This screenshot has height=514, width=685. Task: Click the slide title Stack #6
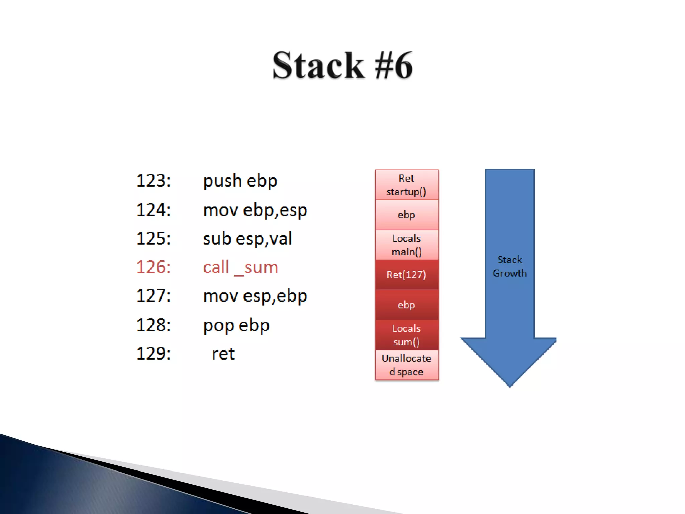[342, 65]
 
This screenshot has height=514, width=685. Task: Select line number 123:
[154, 181]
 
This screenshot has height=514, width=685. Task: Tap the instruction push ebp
[240, 181]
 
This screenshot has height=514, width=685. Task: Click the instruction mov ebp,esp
[255, 210]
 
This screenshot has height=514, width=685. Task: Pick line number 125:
[154, 239]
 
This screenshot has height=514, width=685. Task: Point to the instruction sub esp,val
[247, 239]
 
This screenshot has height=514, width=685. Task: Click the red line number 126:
[154, 267]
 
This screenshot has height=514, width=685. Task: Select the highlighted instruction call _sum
[240, 267]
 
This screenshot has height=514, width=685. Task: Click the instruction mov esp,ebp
[255, 296]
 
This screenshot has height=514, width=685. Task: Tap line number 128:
[154, 325]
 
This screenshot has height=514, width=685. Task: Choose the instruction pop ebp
[236, 325]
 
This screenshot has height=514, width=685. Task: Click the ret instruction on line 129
[223, 354]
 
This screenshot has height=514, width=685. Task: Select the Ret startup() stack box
[407, 185]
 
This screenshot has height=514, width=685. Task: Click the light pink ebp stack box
[407, 215]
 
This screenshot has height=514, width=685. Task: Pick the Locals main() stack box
[407, 245]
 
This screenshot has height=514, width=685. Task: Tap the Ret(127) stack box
[407, 275]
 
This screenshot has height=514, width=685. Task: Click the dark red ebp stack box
[407, 305]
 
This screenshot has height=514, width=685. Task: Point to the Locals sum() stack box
[407, 335]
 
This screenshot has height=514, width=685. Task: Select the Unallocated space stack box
[407, 365]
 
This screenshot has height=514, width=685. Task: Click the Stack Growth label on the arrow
[509, 266]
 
